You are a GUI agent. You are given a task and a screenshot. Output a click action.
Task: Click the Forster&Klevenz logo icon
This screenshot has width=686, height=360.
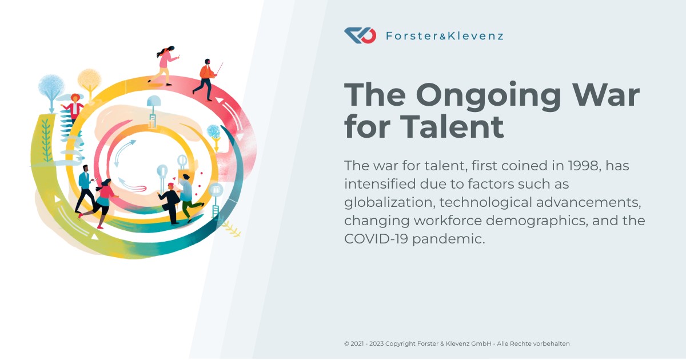360,36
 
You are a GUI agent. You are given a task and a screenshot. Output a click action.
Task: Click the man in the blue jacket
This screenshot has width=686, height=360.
85,186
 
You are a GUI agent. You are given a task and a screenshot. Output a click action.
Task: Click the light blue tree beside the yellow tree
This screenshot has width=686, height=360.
51,87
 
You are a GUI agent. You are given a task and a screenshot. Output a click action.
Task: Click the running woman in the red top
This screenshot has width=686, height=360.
104,200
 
